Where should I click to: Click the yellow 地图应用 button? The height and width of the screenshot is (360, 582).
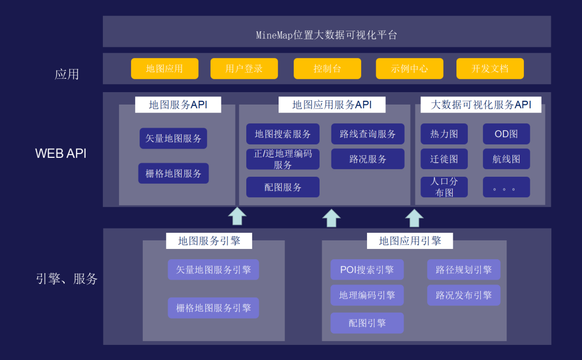click(x=164, y=68)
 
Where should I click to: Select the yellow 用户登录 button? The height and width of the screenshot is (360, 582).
click(x=244, y=68)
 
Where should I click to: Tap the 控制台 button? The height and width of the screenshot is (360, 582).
click(x=327, y=68)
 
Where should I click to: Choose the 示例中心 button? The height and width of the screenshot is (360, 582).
click(x=410, y=68)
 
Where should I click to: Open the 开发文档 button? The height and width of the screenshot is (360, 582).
click(x=490, y=68)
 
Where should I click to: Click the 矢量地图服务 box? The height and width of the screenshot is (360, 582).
click(x=174, y=139)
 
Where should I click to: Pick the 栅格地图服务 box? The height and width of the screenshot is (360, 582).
click(x=174, y=174)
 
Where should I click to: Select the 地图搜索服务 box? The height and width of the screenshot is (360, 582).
click(x=283, y=134)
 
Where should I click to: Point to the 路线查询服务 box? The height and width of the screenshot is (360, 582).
click(x=368, y=134)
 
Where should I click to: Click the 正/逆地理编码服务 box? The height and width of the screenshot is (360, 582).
click(x=283, y=159)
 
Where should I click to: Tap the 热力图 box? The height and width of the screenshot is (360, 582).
click(x=444, y=134)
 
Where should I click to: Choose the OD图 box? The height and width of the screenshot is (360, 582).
click(x=506, y=134)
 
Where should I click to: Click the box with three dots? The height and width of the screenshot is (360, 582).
click(x=506, y=187)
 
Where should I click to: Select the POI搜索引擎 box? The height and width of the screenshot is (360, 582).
click(x=367, y=270)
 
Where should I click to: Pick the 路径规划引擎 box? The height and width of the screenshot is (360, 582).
click(x=463, y=270)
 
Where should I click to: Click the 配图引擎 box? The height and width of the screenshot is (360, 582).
click(x=367, y=323)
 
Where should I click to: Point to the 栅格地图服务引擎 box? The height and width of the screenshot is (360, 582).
click(x=213, y=308)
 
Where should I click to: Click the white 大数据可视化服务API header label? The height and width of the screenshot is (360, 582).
click(x=481, y=105)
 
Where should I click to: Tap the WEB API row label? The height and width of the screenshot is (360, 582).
click(x=61, y=153)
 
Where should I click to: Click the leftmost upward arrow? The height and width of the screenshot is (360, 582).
click(x=237, y=216)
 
